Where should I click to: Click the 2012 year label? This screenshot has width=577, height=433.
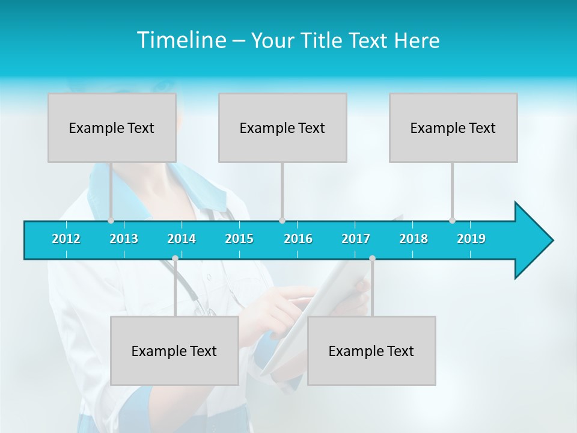tap(66, 239)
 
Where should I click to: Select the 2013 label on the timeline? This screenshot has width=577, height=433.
tap(124, 239)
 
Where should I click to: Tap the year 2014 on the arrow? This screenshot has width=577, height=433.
tap(182, 239)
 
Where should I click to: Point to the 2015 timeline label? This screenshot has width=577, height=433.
tap(239, 239)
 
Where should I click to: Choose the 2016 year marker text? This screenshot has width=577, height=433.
tap(298, 239)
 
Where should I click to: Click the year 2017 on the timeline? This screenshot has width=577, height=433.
tap(356, 239)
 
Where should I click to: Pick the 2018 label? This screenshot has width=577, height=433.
tap(414, 239)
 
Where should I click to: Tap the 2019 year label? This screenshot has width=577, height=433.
tap(471, 239)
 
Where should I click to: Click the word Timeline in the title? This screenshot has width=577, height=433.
tap(180, 40)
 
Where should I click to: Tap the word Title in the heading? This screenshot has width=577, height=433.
tap(322, 40)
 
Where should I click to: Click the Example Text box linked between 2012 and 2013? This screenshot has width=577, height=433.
tap(112, 127)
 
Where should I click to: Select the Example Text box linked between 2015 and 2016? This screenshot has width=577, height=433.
tap(282, 127)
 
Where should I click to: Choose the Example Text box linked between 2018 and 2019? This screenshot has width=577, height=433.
tap(453, 127)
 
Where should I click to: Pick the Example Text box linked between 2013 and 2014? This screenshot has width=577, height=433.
tap(174, 351)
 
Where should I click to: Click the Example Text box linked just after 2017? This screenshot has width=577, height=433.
tap(371, 351)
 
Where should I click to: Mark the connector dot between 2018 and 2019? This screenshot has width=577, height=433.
tap(453, 220)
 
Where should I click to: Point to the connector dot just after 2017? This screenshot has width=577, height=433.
tap(372, 258)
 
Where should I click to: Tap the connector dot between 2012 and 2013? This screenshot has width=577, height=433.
tap(111, 220)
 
